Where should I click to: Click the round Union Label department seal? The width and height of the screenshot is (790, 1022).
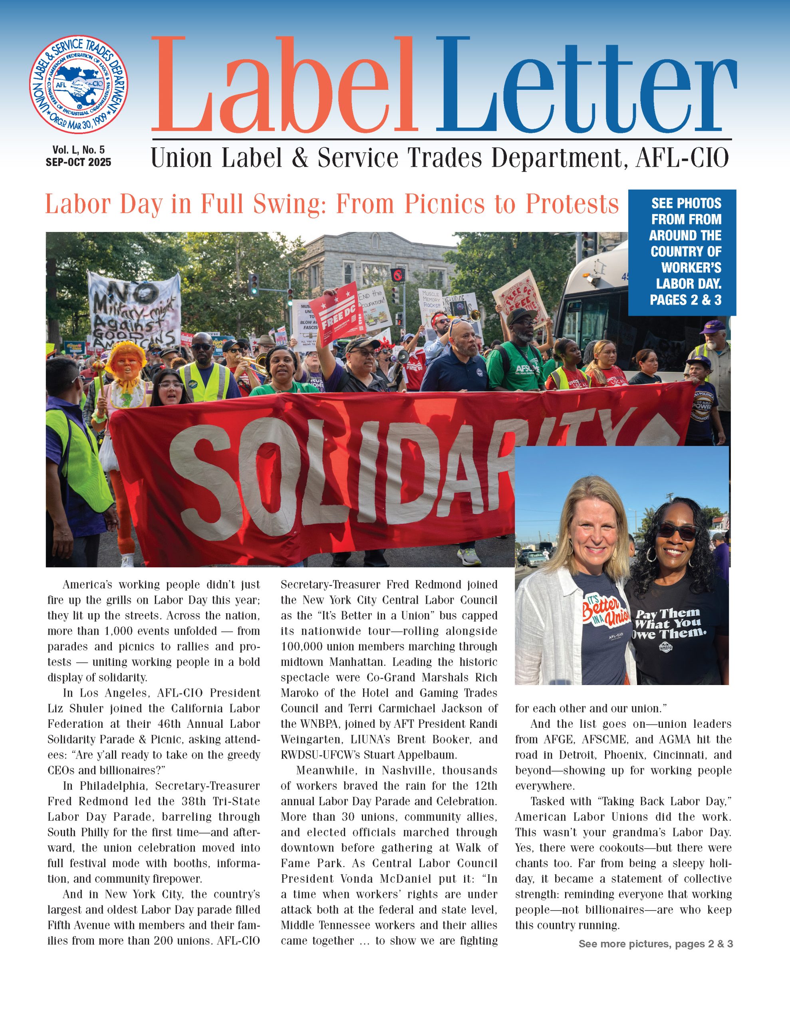point(79,84)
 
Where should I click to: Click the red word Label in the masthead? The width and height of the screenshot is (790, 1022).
point(284,87)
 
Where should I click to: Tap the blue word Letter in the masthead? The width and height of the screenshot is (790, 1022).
point(586,87)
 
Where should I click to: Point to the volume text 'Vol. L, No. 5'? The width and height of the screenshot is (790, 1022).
point(78,150)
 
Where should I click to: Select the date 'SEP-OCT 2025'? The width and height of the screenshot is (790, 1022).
point(78,162)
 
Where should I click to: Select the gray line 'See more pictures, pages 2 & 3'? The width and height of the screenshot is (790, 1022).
point(655,944)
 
